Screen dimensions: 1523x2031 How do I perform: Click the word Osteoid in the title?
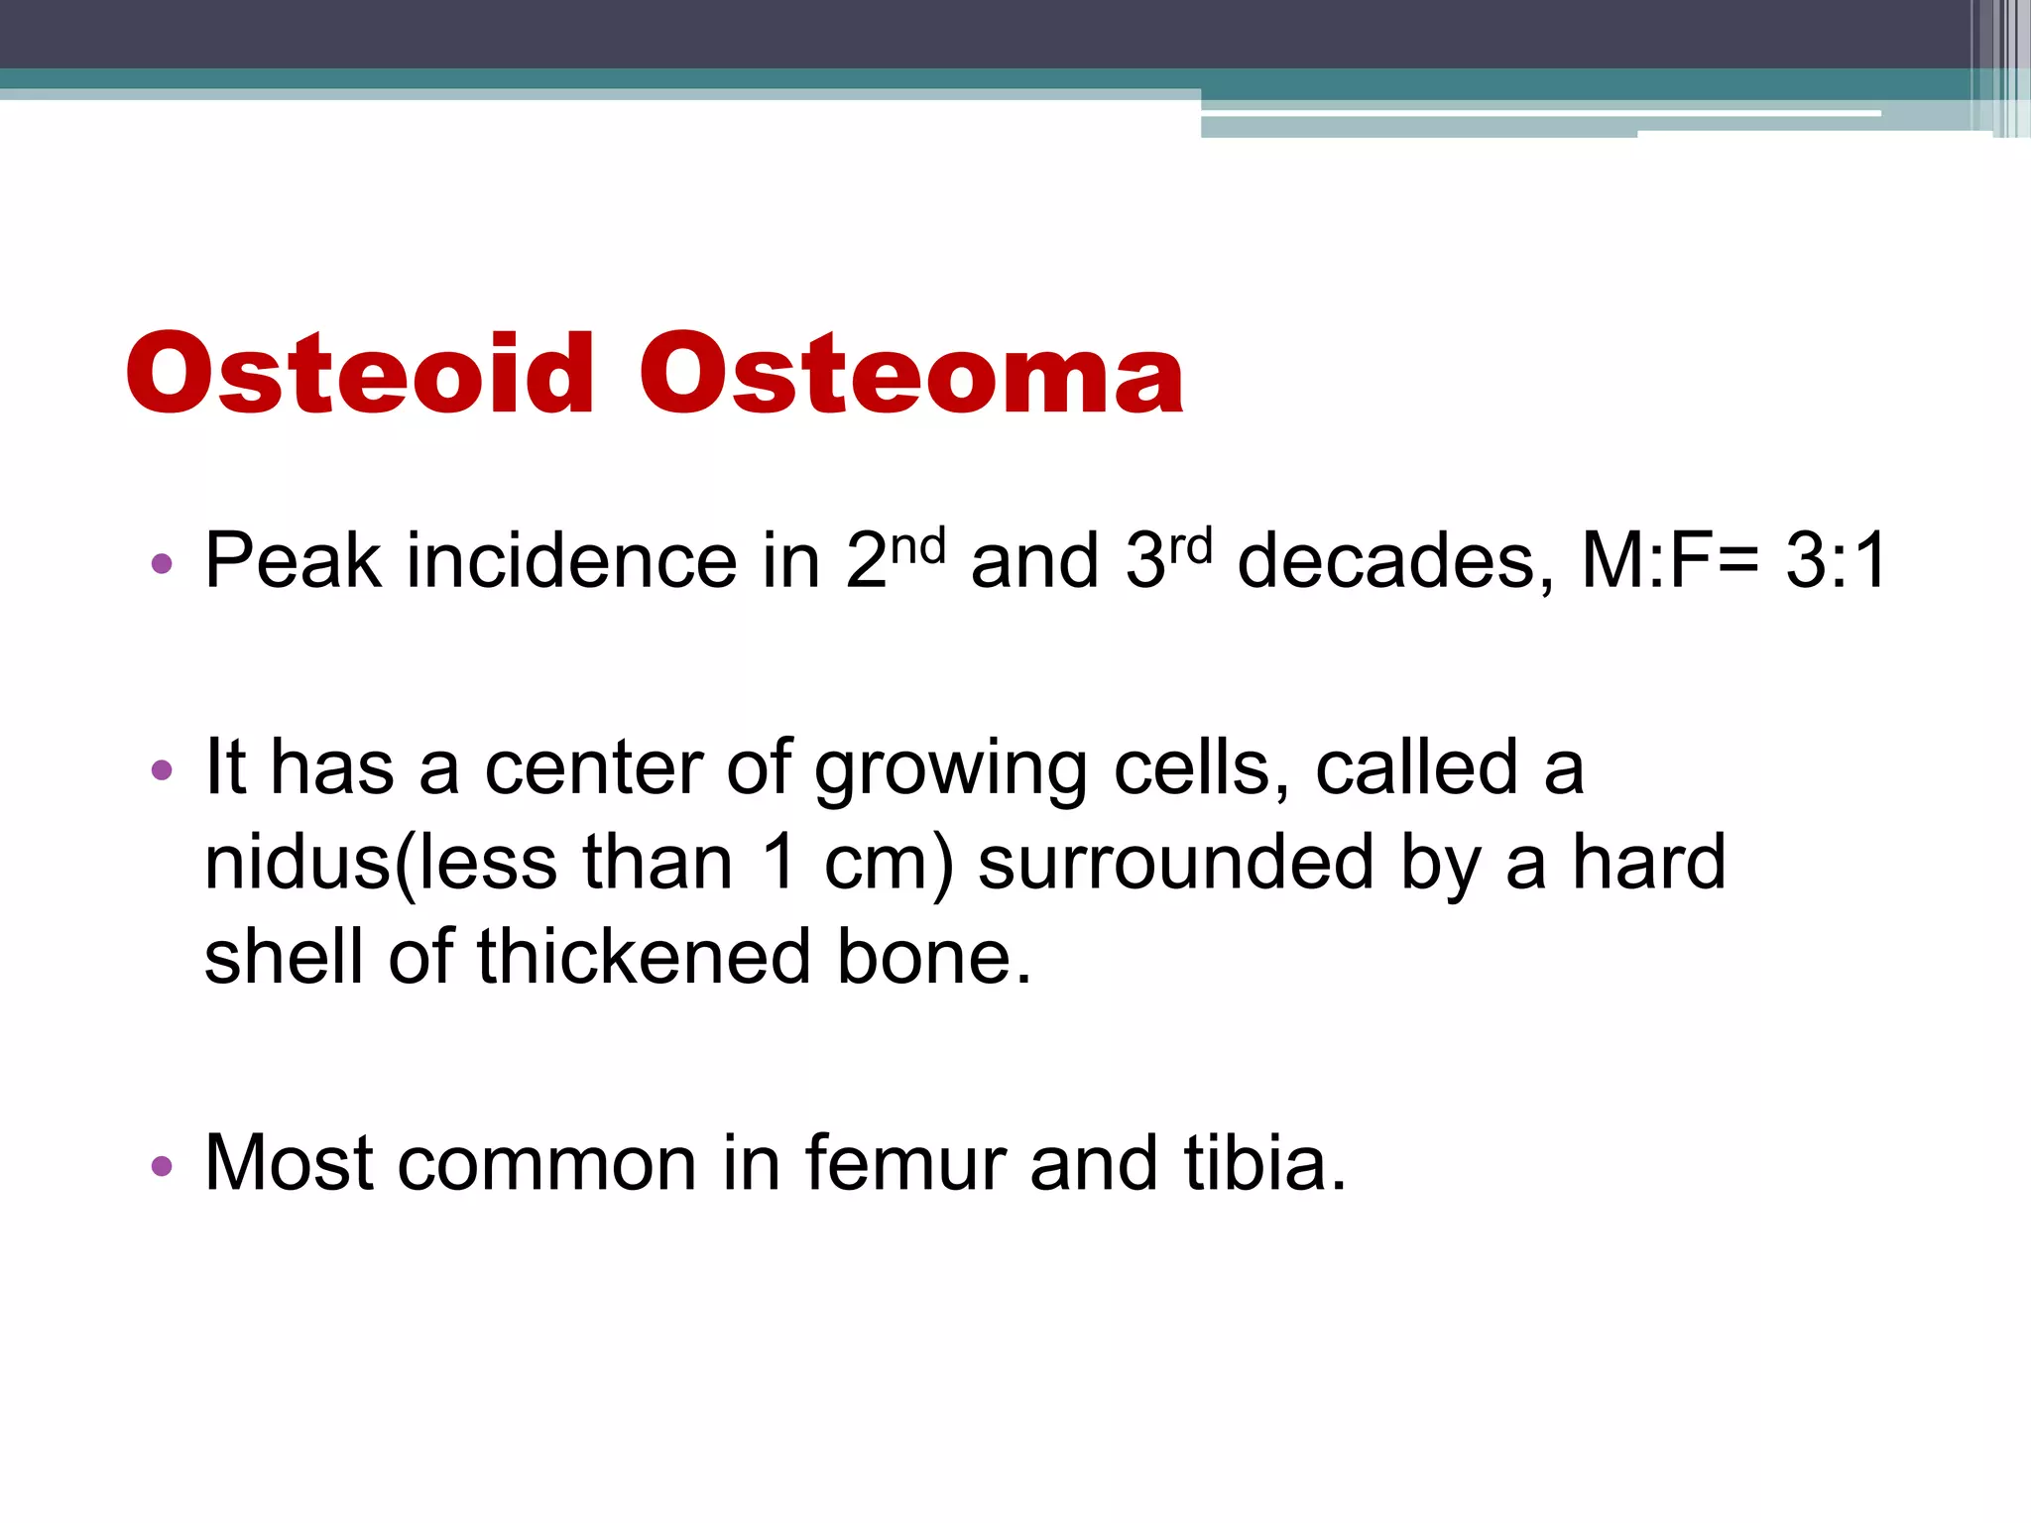coord(359,374)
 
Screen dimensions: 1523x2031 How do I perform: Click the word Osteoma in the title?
coord(910,374)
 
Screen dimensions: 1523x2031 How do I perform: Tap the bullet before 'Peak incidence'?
coord(162,565)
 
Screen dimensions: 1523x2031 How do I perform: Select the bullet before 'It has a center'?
coord(162,770)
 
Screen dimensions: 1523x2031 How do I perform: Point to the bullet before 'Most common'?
coord(162,1165)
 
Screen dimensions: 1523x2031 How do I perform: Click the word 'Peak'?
coord(293,561)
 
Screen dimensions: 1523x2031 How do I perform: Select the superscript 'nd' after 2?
coord(917,546)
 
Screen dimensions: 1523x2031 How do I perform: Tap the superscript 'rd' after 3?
coord(1189,546)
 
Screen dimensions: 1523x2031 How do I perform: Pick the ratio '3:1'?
coord(1836,561)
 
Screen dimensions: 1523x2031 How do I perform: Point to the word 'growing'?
coord(950,770)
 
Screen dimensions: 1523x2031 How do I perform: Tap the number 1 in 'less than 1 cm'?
coord(780,862)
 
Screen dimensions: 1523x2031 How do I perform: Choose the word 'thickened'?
coord(644,957)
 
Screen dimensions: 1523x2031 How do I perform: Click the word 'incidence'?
coord(571,561)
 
